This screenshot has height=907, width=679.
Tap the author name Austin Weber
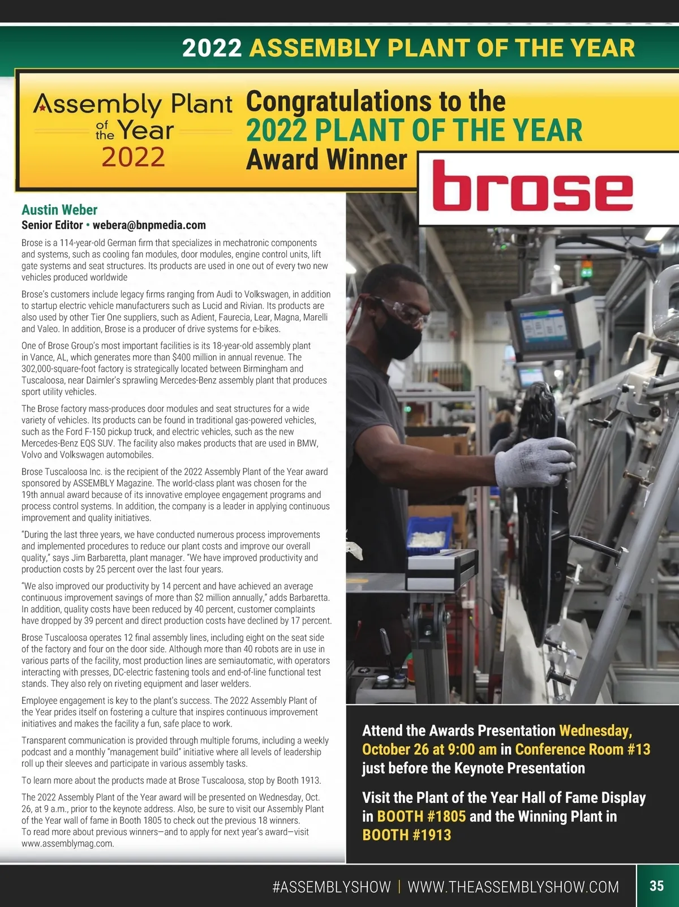click(59, 210)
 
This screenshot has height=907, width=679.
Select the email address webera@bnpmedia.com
click(149, 225)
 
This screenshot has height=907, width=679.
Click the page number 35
click(656, 885)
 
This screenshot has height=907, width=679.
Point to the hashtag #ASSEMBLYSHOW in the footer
click(331, 887)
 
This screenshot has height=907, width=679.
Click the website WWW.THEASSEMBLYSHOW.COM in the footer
click(513, 887)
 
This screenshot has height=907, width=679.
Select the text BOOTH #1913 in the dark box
click(406, 835)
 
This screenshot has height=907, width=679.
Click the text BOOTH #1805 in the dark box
click(422, 816)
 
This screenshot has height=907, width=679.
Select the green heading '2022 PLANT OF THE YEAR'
click(414, 130)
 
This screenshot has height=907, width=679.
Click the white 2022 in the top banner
click(212, 48)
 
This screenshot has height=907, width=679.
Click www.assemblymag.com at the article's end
click(68, 844)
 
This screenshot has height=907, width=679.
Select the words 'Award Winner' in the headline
click(326, 160)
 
